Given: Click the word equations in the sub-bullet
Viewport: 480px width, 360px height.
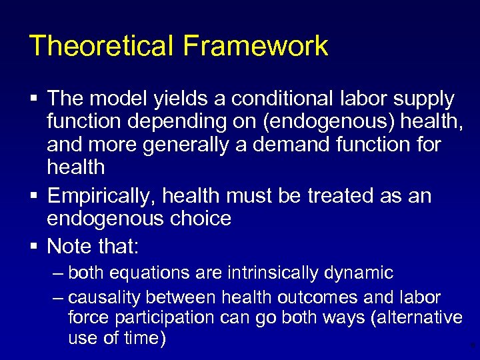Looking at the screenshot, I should [144, 273].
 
